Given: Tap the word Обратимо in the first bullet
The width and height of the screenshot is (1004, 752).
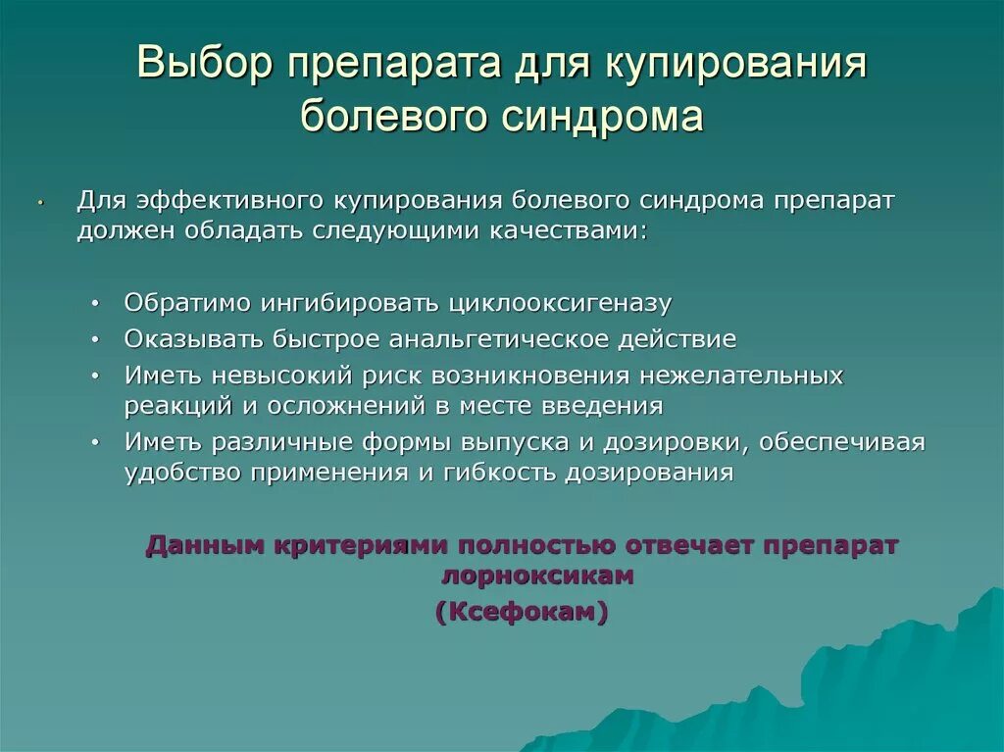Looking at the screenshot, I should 187,303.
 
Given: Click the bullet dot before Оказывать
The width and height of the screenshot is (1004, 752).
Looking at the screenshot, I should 94,339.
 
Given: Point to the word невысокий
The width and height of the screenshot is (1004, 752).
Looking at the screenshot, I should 258,376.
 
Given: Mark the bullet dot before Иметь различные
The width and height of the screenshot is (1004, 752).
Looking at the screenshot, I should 94,442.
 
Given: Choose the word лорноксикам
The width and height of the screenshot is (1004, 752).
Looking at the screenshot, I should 537,577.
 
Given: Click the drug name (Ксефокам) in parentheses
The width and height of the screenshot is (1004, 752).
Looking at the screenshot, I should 522,612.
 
